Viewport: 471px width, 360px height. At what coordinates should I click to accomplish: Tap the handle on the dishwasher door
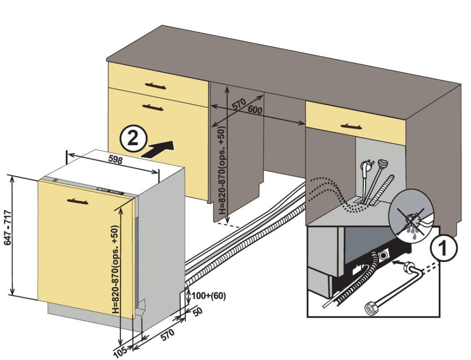click(80, 200)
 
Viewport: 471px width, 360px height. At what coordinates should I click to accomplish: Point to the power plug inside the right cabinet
click(366, 166)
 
